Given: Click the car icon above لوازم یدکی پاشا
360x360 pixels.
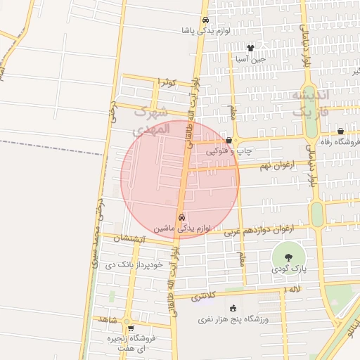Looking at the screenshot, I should coord(205,20).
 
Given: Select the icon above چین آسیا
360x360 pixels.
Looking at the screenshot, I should coord(250,48).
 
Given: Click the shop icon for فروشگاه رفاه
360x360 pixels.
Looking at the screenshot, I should coord(340,131).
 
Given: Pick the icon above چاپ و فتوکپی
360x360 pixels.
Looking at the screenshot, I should coord(229,141).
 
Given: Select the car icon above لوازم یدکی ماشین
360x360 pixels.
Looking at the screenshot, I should coord(182,217).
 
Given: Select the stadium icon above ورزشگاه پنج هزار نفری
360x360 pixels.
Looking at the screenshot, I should coord(233,309).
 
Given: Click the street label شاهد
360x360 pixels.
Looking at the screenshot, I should coord(108,320).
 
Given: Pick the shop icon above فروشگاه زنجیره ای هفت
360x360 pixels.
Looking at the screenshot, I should coord(130,328).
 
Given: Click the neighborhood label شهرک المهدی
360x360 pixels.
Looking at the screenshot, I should coord(151,120).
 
